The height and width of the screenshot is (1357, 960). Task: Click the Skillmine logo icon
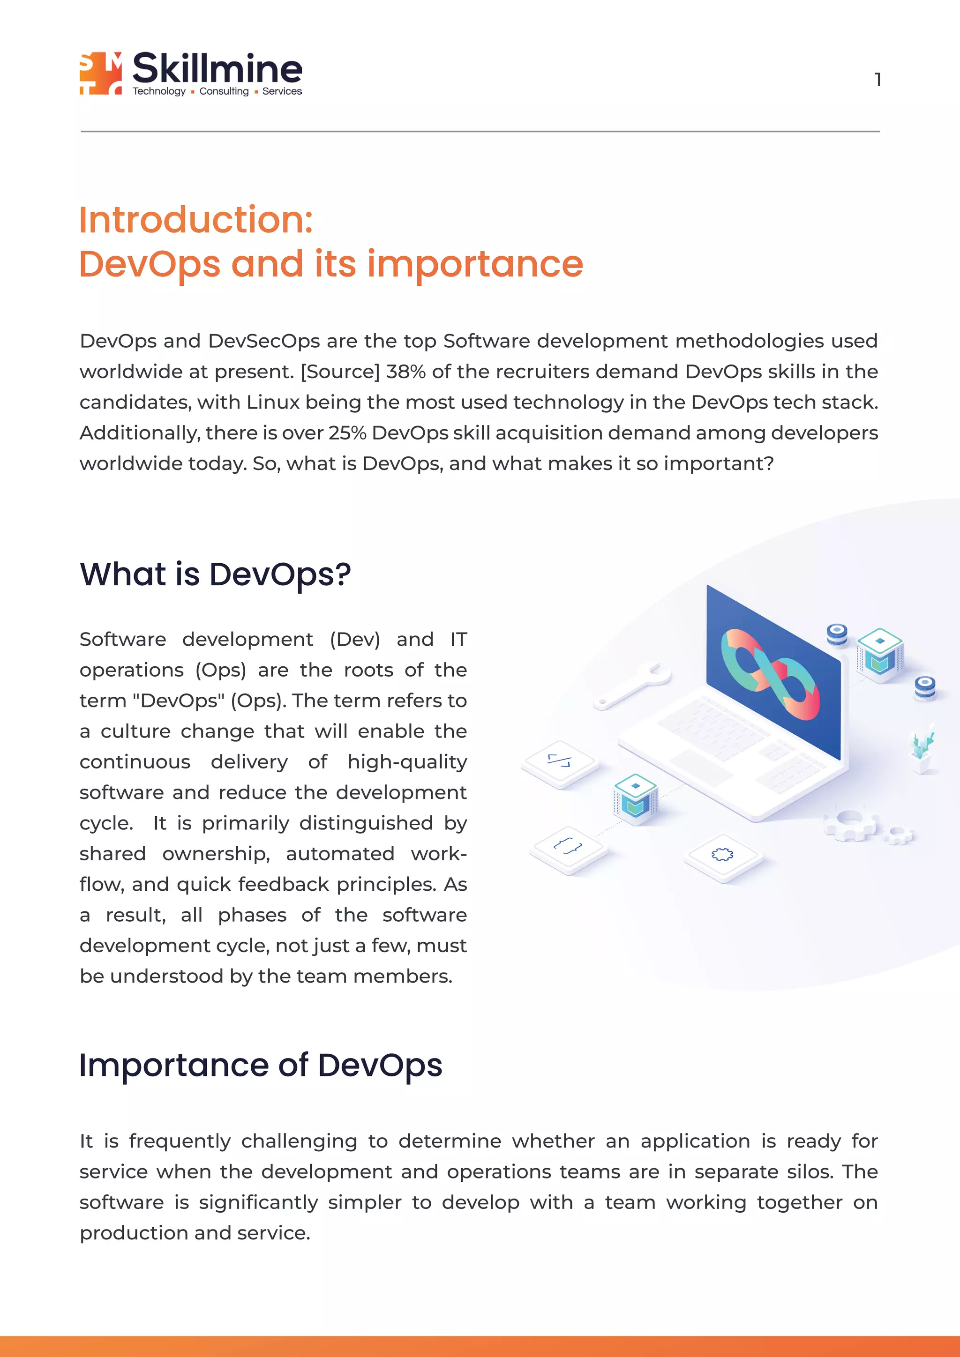[x=100, y=73]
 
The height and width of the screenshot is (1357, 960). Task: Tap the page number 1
[x=878, y=79]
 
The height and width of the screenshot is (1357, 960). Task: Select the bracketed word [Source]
[x=340, y=372]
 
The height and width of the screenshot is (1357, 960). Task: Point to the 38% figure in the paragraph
[x=405, y=372]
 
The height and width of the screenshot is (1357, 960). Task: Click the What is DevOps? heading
[x=215, y=574]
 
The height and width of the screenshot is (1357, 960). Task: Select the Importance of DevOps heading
[x=260, y=1065]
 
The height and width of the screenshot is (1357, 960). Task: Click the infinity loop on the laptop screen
[x=770, y=675]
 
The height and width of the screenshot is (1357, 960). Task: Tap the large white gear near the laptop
[x=850, y=823]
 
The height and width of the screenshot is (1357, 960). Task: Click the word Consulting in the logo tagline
[x=224, y=91]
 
